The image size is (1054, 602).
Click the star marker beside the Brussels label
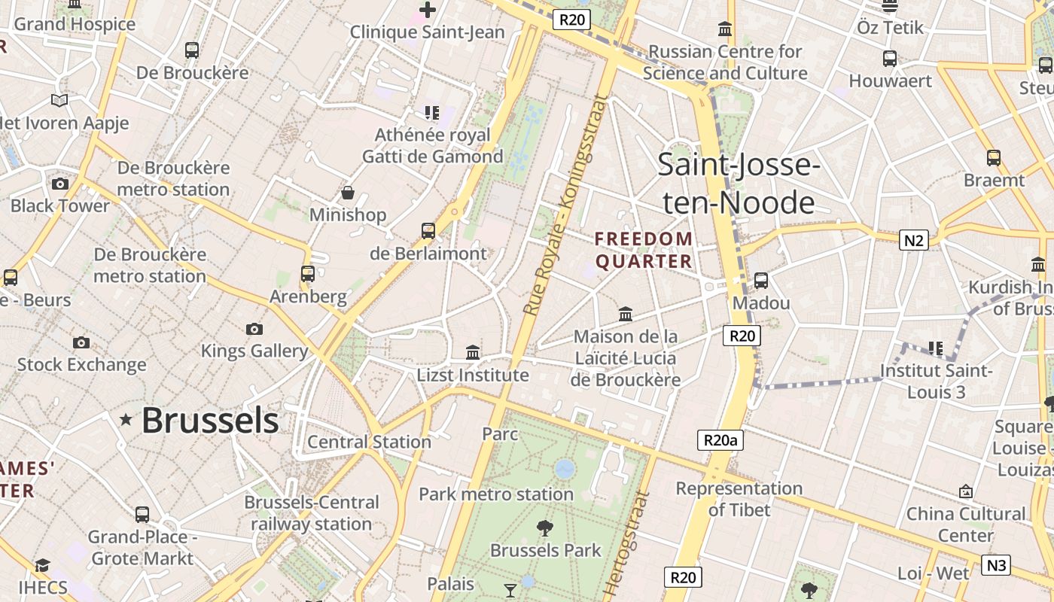(126, 420)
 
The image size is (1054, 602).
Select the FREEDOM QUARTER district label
(644, 250)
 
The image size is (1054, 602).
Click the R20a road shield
(720, 440)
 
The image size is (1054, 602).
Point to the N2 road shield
(913, 240)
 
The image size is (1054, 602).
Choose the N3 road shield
(996, 564)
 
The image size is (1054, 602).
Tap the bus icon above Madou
(761, 281)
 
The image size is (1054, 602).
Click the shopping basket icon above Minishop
(348, 193)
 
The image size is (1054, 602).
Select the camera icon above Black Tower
(60, 184)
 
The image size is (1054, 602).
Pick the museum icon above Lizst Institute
(473, 352)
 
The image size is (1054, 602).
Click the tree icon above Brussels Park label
(545, 528)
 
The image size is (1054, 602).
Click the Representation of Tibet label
(739, 499)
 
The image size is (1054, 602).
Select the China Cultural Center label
(965, 524)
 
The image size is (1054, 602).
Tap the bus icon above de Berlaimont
(428, 231)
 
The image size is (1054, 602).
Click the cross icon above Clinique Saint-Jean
(428, 10)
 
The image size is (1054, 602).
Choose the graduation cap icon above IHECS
(43, 565)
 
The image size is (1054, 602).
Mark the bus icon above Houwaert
(890, 59)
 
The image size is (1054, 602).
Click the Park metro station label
(496, 494)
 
